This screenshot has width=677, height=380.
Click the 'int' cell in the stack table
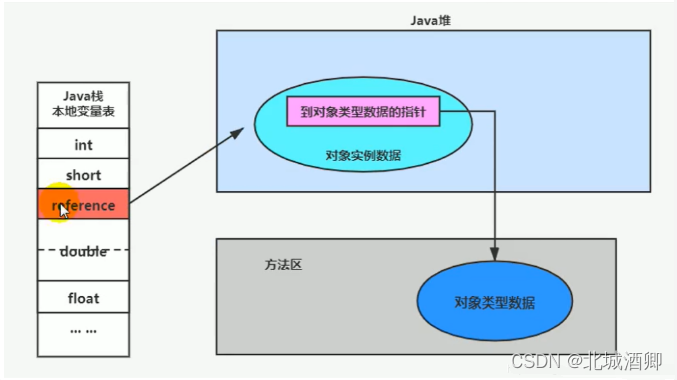(83, 145)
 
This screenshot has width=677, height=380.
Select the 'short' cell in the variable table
(83, 175)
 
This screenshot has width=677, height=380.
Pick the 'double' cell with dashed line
(83, 251)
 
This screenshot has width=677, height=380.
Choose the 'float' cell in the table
(83, 298)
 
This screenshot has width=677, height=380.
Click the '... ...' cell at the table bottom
(83, 330)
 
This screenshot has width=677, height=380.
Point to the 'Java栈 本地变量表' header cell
(83, 104)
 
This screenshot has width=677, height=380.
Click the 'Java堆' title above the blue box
(433, 19)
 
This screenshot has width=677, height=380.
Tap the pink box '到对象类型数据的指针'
(363, 112)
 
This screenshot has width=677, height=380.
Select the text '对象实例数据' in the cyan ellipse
(363, 155)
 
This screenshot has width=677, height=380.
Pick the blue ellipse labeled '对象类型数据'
(494, 301)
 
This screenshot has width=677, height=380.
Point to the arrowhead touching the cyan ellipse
(240, 130)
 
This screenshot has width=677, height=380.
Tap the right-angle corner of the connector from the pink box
(495, 112)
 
